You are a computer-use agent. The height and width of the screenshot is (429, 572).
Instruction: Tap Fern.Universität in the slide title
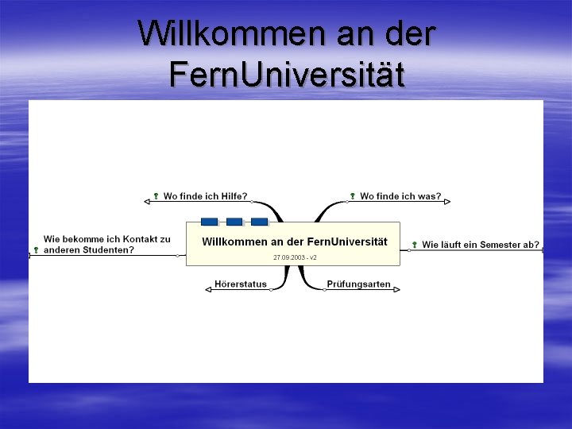(286, 75)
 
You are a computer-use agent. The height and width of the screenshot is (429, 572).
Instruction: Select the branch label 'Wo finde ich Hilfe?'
(205, 196)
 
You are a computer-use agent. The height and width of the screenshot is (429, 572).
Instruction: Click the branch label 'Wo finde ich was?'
(400, 196)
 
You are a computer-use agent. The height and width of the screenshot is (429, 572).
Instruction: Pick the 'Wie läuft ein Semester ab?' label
(480, 245)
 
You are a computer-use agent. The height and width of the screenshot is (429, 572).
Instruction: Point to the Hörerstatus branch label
(241, 284)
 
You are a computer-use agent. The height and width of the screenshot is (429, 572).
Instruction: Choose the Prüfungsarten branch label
(358, 284)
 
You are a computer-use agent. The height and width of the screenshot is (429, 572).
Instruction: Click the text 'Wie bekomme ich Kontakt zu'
(106, 239)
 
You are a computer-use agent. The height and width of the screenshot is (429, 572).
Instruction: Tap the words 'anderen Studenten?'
(89, 249)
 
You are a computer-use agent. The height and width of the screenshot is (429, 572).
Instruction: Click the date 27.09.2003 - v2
(295, 258)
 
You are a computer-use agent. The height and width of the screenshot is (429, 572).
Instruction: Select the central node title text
(295, 242)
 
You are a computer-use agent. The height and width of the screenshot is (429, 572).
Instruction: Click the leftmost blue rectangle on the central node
(209, 222)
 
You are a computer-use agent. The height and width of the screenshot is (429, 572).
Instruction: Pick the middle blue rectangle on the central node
(234, 222)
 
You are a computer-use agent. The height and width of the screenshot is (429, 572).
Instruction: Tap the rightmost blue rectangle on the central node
(259, 222)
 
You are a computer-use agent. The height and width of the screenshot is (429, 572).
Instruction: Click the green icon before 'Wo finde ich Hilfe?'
(157, 196)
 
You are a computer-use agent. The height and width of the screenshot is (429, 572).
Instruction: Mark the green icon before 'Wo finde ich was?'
(353, 196)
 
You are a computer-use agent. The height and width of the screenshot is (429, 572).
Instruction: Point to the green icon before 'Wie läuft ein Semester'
(415, 245)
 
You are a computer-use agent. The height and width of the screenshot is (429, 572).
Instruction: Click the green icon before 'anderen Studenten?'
(37, 250)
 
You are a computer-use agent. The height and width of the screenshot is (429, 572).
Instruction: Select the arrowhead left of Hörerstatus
(208, 290)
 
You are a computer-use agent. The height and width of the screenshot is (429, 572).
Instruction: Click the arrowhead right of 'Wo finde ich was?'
(448, 202)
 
